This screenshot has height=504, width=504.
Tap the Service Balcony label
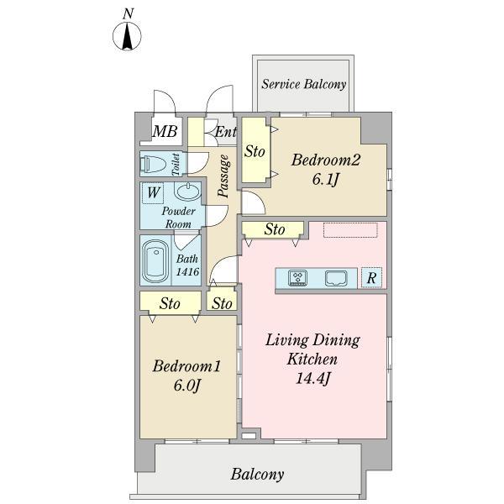pos(303,84)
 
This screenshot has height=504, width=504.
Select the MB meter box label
pos(165,131)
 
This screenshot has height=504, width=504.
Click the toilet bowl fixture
pos(154,164)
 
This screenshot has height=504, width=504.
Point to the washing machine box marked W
pos(153,193)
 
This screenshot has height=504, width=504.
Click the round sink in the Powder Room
pos(188,192)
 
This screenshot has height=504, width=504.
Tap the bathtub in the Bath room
pos(155,261)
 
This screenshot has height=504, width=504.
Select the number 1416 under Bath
pos(187,272)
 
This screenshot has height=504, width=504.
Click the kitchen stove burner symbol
pos(297,278)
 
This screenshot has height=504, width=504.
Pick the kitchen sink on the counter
pos(336,278)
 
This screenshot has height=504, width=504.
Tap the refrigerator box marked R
pos(371,277)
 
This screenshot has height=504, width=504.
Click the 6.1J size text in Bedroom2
pos(325,180)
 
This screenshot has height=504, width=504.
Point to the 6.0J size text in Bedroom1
pos(187,385)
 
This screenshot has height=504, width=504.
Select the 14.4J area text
pos(312,378)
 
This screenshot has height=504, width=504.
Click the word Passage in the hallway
pos(223,176)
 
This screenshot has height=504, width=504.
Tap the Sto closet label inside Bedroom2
pos(255,151)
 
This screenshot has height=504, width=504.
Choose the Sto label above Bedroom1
pos(170,304)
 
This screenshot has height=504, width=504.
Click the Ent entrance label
pos(226,132)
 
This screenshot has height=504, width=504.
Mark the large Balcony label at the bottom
pos(257,475)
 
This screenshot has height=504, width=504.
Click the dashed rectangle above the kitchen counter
pos(350,230)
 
